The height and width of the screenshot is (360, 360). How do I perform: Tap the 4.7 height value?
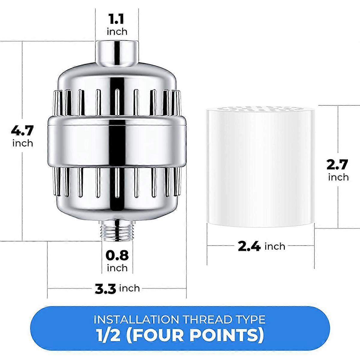click(x=22, y=130)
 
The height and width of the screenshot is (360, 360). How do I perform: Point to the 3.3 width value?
click(x=105, y=289)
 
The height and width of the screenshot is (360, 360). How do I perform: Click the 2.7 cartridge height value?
click(x=337, y=164)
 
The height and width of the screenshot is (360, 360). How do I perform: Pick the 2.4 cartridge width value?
click(x=249, y=247)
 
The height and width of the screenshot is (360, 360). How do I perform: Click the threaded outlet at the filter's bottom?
click(x=117, y=230)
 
